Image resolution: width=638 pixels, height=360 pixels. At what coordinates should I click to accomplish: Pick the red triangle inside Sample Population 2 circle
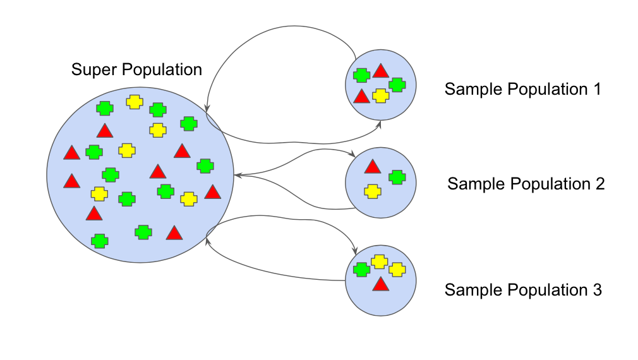pyautogui.click(x=373, y=167)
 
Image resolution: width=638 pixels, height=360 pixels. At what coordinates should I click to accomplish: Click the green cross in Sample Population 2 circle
pyautogui.click(x=397, y=177)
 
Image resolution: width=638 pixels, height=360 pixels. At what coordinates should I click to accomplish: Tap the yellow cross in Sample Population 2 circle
pyautogui.click(x=373, y=191)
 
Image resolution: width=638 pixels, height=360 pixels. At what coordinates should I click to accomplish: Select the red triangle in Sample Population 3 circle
pyautogui.click(x=380, y=284)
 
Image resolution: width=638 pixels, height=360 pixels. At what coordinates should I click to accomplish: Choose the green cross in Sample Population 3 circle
pyautogui.click(x=361, y=270)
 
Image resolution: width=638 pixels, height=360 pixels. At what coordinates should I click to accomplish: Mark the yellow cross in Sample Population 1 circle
pyautogui.click(x=380, y=95)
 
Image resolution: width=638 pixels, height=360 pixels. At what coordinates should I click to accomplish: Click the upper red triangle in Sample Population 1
pyautogui.click(x=380, y=71)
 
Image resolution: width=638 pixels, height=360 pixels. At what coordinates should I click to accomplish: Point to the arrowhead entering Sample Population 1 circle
pyautogui.click(x=380, y=123)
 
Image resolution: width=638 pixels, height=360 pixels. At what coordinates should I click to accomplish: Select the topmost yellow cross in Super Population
pyautogui.click(x=134, y=102)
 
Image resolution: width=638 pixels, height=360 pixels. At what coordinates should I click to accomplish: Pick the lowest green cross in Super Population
pyautogui.click(x=99, y=241)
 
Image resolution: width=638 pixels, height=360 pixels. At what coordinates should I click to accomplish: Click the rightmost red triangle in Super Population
pyautogui.click(x=212, y=192)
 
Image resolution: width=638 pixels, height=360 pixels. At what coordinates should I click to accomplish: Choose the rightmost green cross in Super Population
pyautogui.click(x=204, y=166)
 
